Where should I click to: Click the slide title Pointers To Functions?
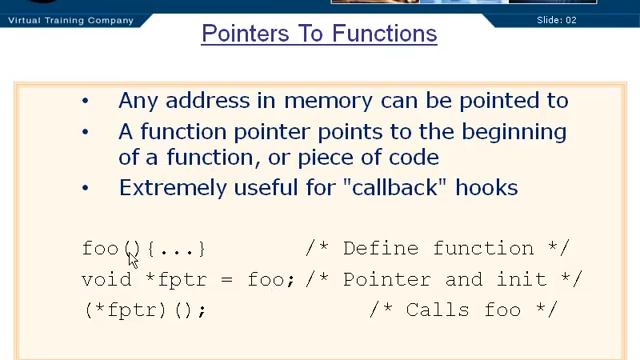(x=319, y=34)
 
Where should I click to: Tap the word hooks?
(x=489, y=187)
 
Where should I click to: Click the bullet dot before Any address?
(x=86, y=101)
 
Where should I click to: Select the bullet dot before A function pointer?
(x=86, y=132)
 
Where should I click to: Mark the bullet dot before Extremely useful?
(x=86, y=188)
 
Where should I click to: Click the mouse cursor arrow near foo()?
(x=132, y=257)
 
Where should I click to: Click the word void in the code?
(x=106, y=279)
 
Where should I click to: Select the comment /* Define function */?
(x=437, y=248)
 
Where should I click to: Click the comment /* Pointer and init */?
(x=444, y=279)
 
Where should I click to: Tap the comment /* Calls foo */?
(x=462, y=310)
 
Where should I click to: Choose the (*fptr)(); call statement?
(x=145, y=310)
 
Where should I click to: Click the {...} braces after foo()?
(x=176, y=248)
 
